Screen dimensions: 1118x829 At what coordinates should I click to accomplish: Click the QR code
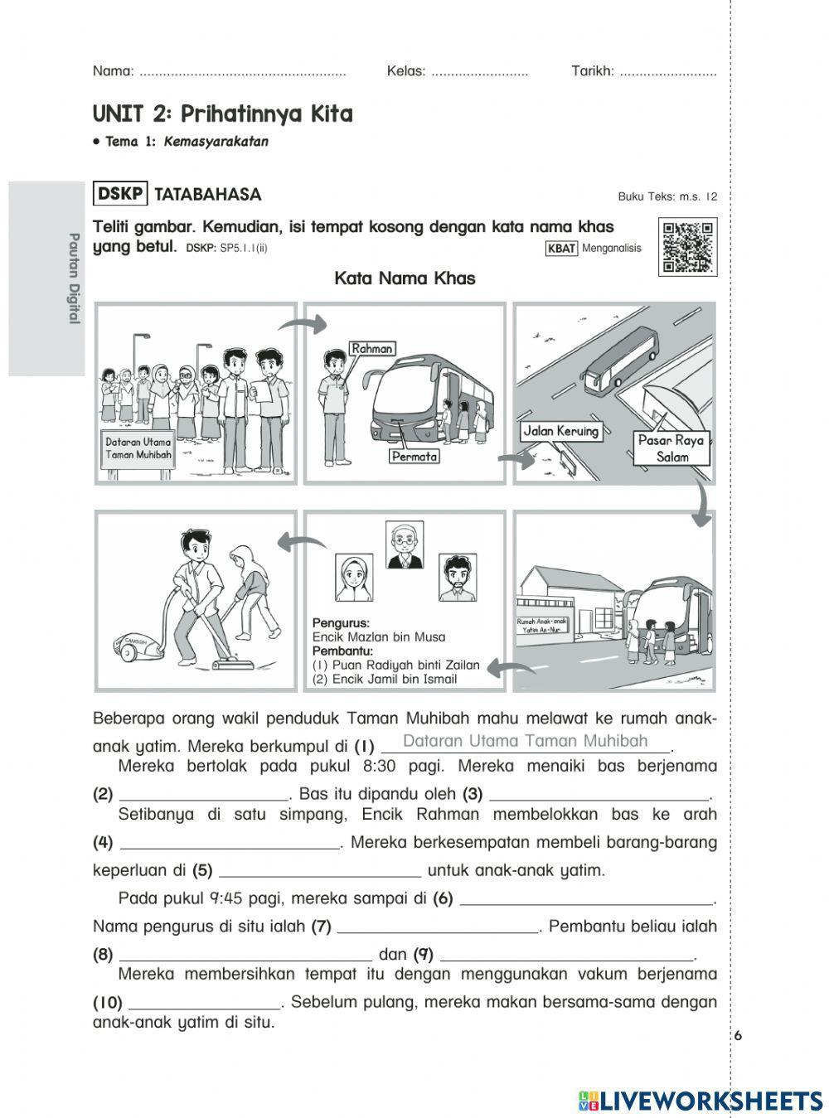click(x=687, y=247)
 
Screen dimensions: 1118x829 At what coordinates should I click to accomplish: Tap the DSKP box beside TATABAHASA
click(x=120, y=194)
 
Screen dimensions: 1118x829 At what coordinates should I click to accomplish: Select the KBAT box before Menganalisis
click(x=561, y=248)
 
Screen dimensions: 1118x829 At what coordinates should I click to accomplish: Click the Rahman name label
click(x=371, y=349)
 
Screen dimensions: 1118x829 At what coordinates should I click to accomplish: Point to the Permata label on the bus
click(x=414, y=456)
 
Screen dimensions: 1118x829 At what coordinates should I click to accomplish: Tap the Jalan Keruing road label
click(x=560, y=431)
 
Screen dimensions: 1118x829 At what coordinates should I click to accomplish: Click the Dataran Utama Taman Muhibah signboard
click(x=138, y=449)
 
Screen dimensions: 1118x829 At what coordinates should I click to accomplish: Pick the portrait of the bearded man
click(x=457, y=578)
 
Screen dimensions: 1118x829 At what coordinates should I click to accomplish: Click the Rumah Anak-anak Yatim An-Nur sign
click(x=542, y=625)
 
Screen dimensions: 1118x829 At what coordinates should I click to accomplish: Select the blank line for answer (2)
click(x=204, y=795)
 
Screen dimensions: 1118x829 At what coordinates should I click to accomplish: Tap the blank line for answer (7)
click(x=439, y=927)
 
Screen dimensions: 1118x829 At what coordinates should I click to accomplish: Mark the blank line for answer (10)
click(x=206, y=1002)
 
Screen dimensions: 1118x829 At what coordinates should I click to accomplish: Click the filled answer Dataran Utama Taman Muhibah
click(x=525, y=742)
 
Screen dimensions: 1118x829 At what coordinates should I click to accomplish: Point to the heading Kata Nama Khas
click(x=405, y=278)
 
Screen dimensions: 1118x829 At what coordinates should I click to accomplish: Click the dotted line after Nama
click(x=242, y=71)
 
